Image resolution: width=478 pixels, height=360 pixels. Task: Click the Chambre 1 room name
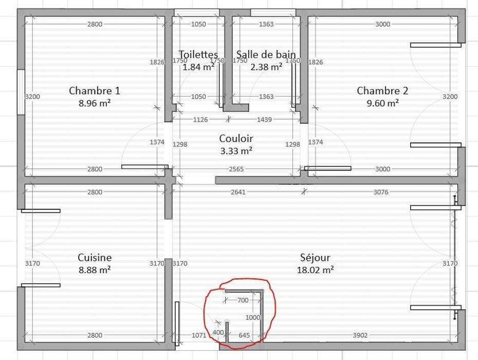[95, 91]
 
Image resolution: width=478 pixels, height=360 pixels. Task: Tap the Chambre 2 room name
[382, 91]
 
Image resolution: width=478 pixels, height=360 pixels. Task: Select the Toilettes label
[198, 55]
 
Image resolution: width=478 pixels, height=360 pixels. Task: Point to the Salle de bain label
[266, 55]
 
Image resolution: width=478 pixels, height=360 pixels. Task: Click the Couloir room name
[236, 138]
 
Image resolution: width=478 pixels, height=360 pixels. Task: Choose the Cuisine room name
[95, 258]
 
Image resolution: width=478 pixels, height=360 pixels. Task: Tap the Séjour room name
[315, 258]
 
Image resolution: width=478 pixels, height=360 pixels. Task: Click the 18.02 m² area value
[315, 270]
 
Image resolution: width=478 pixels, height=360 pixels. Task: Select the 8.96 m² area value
[95, 103]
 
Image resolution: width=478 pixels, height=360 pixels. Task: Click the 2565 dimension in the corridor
[236, 169]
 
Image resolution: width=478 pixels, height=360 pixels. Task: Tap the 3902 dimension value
[360, 335]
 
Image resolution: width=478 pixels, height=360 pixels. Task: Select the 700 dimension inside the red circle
[243, 300]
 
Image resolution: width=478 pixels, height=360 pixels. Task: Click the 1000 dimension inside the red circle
[253, 318]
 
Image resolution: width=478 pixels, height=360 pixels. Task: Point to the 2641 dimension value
[238, 192]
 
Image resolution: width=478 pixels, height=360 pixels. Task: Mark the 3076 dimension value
[381, 192]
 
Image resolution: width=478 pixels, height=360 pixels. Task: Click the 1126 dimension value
[200, 120]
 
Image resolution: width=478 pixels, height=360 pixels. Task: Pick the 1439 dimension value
[264, 120]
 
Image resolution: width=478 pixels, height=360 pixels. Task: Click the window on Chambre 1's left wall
[21, 92]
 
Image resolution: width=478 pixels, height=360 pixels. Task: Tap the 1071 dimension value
[199, 335]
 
